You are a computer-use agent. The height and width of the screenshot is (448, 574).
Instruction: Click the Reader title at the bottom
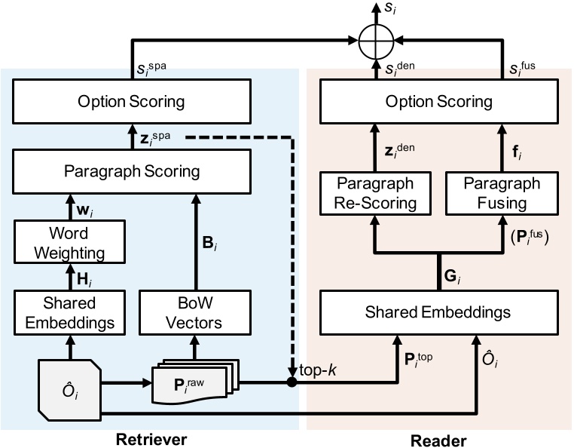coord(442,437)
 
